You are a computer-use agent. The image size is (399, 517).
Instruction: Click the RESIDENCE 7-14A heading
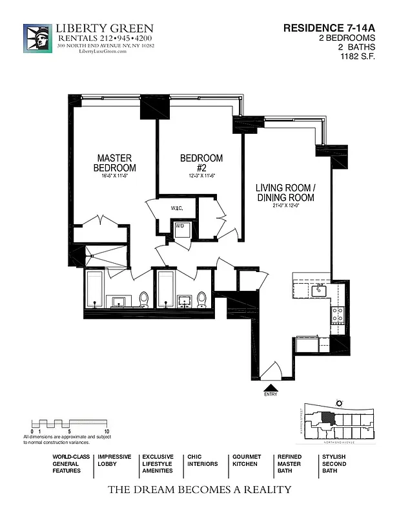(x=329, y=28)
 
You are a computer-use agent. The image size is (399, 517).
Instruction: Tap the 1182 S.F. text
(x=358, y=56)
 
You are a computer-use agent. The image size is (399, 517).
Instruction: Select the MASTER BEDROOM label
(x=114, y=163)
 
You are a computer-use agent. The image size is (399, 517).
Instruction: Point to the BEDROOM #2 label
(x=201, y=163)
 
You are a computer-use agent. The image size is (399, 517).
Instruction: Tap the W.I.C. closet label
(x=177, y=208)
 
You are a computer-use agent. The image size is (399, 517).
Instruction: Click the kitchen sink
(x=319, y=291)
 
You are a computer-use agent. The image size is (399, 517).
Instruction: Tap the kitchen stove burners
(x=337, y=315)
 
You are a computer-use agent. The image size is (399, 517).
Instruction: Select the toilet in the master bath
(x=143, y=299)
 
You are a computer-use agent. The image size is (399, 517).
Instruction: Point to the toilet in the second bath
(x=201, y=299)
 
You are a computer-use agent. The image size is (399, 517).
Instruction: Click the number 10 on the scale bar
(x=106, y=430)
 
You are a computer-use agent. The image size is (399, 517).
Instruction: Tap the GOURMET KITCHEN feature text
(x=247, y=460)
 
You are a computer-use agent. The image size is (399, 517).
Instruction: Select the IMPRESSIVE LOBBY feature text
(x=114, y=460)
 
